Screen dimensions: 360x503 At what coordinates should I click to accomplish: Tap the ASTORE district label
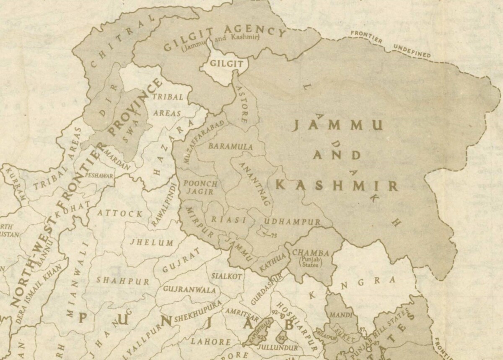pos(242,104)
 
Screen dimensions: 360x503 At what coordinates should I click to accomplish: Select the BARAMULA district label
pos(231,147)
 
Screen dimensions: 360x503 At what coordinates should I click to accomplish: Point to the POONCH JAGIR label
pos(201,188)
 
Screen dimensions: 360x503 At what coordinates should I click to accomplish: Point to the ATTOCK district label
pos(120,213)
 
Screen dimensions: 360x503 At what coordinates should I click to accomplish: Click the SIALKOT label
pos(226,276)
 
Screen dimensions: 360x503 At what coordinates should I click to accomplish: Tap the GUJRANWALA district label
pos(189,290)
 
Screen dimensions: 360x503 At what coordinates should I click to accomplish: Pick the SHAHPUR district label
pos(123,280)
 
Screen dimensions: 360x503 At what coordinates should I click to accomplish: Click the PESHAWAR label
pos(99,175)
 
